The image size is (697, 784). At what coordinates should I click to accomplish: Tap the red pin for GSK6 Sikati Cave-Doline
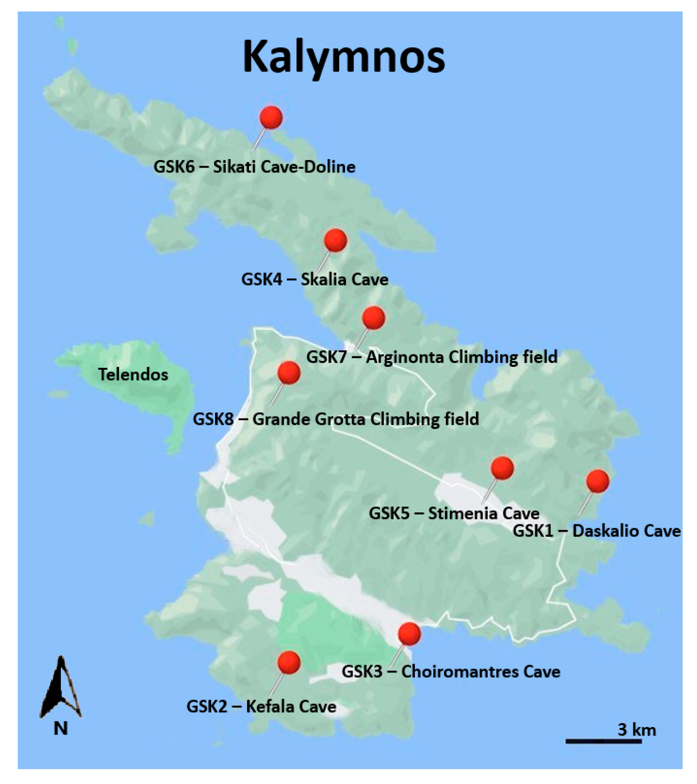click(271, 117)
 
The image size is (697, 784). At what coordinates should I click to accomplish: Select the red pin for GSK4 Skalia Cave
click(335, 240)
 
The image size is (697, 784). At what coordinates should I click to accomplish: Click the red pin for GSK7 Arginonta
click(374, 318)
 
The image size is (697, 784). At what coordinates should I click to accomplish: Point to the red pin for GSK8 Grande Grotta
click(289, 373)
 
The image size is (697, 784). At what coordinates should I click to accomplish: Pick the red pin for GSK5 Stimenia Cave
click(503, 468)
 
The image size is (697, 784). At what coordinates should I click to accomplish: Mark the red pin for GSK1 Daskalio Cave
click(598, 481)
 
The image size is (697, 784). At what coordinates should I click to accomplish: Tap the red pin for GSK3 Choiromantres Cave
click(410, 634)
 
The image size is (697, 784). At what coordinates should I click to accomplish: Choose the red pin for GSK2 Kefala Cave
click(289, 662)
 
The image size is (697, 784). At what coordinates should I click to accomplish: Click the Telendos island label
click(133, 375)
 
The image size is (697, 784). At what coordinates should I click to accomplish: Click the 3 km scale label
click(637, 729)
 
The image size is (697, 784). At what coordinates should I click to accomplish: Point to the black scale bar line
click(604, 741)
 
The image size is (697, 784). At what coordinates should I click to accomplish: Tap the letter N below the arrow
click(60, 728)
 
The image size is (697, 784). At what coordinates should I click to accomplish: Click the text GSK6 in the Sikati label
click(174, 167)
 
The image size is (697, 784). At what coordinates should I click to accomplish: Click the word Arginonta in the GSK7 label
click(405, 357)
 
